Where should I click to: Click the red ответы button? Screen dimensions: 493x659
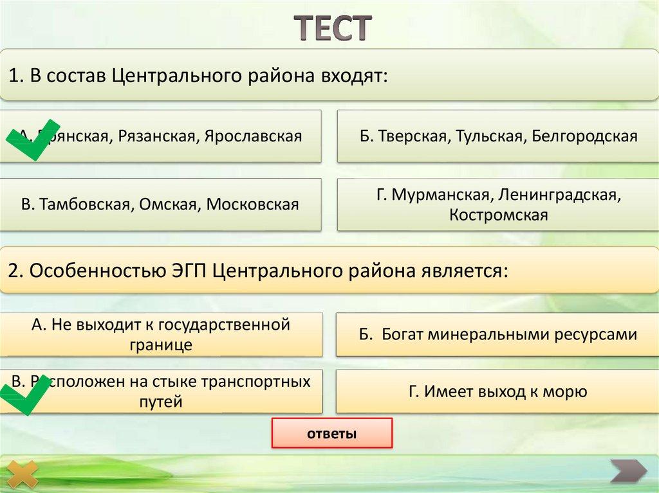331,433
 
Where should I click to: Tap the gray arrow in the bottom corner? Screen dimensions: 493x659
628,471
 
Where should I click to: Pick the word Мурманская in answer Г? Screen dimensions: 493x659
434,194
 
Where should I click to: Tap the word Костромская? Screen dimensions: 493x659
498,215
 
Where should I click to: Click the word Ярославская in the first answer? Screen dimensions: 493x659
253,136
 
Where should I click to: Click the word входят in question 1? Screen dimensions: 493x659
351,76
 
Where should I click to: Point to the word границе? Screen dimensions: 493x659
161,345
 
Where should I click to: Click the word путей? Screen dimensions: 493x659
161,402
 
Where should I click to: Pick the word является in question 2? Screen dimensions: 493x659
462,270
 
